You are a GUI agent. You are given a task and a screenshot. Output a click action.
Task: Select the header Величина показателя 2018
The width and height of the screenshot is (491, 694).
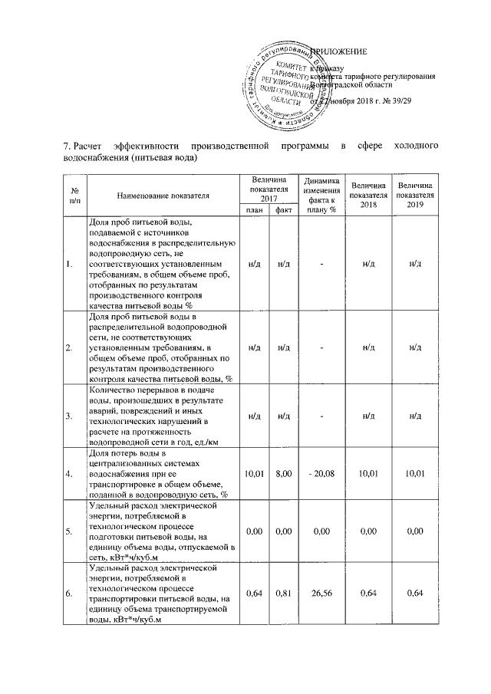tap(368, 195)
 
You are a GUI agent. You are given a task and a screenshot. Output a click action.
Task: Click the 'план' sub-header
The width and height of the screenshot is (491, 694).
tap(253, 209)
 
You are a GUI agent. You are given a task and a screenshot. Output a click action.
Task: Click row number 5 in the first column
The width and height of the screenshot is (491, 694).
tap(71, 531)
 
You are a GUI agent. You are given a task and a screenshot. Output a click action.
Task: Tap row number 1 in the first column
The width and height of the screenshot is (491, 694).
tap(71, 265)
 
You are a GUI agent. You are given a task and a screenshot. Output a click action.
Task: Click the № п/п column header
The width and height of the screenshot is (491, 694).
tap(74, 195)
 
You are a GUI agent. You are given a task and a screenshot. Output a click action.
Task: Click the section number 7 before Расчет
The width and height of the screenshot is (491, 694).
tap(65, 145)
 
